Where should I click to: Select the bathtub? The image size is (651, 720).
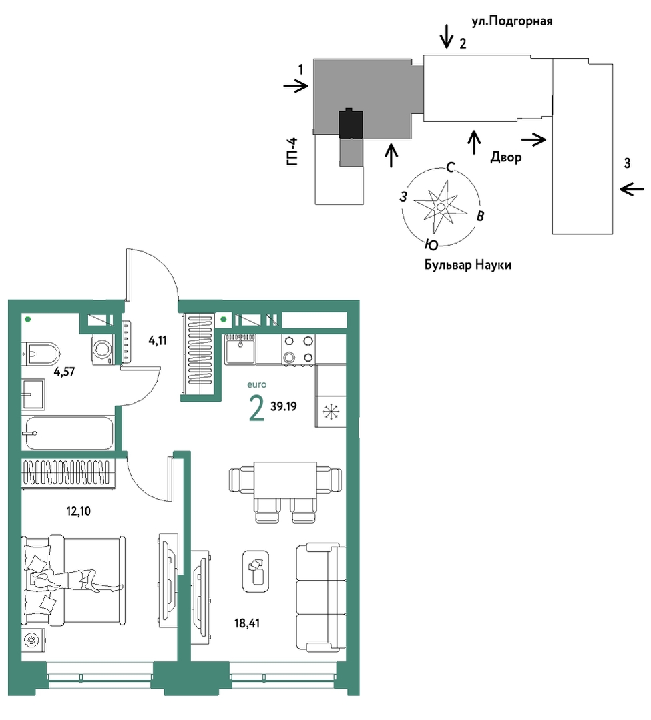(69, 433)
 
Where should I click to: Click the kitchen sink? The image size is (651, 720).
(240, 349)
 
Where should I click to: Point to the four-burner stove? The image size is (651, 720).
(298, 349)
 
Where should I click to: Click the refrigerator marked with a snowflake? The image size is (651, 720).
(331, 412)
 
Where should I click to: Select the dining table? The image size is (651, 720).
(285, 480)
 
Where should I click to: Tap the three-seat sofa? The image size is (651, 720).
(320, 597)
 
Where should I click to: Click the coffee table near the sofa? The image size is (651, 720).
(256, 571)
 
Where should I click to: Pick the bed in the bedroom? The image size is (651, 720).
(73, 580)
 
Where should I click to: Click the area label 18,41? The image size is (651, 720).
(246, 623)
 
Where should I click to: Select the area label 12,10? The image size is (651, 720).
(79, 511)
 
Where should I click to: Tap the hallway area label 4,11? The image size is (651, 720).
(158, 341)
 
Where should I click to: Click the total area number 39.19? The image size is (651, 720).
(284, 406)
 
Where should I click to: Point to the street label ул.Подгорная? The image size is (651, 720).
(512, 21)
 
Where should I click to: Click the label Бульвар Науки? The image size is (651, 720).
(467, 265)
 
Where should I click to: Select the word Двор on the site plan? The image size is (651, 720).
(506, 157)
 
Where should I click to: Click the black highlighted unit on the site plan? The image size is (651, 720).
(351, 124)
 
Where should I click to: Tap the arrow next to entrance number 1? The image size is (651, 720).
(295, 86)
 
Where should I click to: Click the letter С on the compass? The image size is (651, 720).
(451, 167)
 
